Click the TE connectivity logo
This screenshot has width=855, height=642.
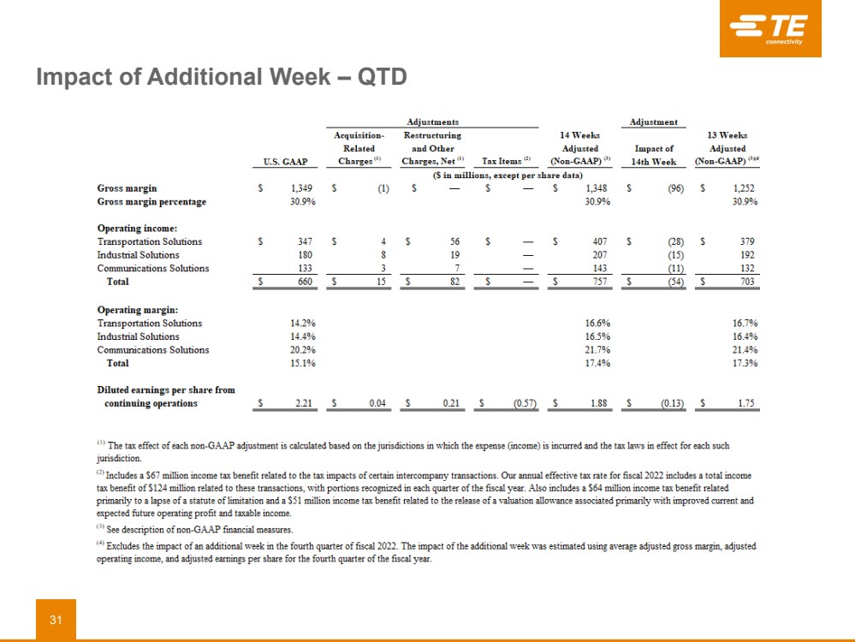point(769,29)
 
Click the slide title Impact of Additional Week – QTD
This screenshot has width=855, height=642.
point(221,77)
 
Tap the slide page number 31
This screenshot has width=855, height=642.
point(56,620)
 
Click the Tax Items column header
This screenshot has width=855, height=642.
point(507,160)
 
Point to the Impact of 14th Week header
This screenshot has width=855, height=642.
point(654,154)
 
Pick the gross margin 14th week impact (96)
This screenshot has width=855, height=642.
point(674,188)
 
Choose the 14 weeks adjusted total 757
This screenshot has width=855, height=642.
point(586,282)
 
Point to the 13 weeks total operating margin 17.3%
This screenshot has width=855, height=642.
point(745,363)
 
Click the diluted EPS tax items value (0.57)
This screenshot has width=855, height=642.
point(524,403)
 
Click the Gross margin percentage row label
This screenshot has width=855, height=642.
point(151,202)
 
